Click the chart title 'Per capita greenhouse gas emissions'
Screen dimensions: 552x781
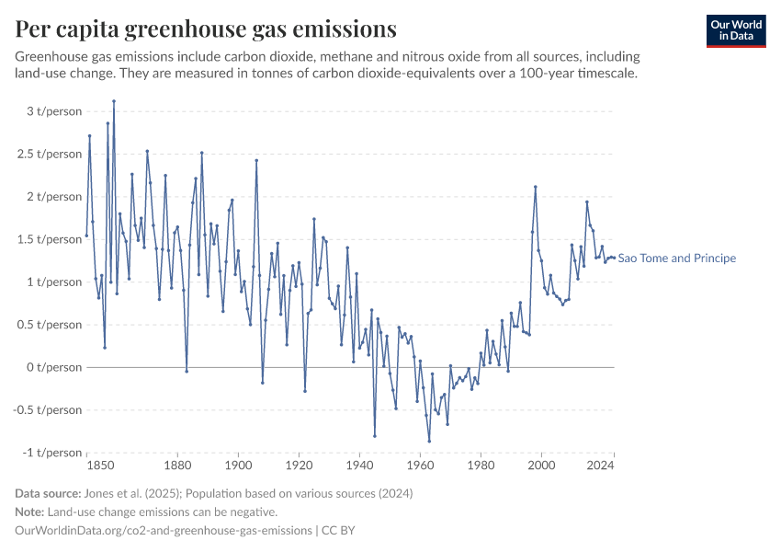(x=206, y=29)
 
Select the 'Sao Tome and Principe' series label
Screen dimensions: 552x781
(x=676, y=259)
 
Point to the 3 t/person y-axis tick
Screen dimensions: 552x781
(x=56, y=111)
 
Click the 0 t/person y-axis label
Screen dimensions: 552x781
(x=56, y=367)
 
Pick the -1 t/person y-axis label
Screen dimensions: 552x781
(x=54, y=453)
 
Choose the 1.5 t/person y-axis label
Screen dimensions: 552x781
(x=52, y=239)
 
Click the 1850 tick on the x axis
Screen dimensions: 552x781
(x=86, y=467)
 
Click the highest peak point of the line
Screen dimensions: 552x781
(x=114, y=101)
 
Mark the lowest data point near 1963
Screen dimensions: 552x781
(x=429, y=442)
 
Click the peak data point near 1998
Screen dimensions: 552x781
(x=535, y=187)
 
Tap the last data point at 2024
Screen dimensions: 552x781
(x=614, y=258)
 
